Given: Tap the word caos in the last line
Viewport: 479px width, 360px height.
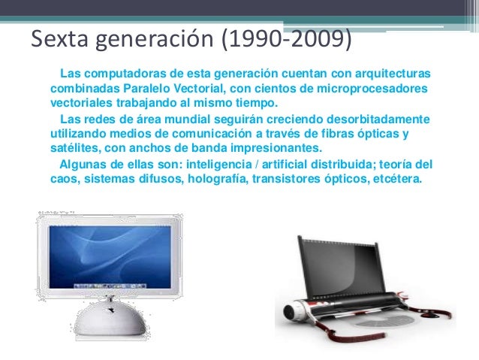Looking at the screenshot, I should (62, 179).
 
